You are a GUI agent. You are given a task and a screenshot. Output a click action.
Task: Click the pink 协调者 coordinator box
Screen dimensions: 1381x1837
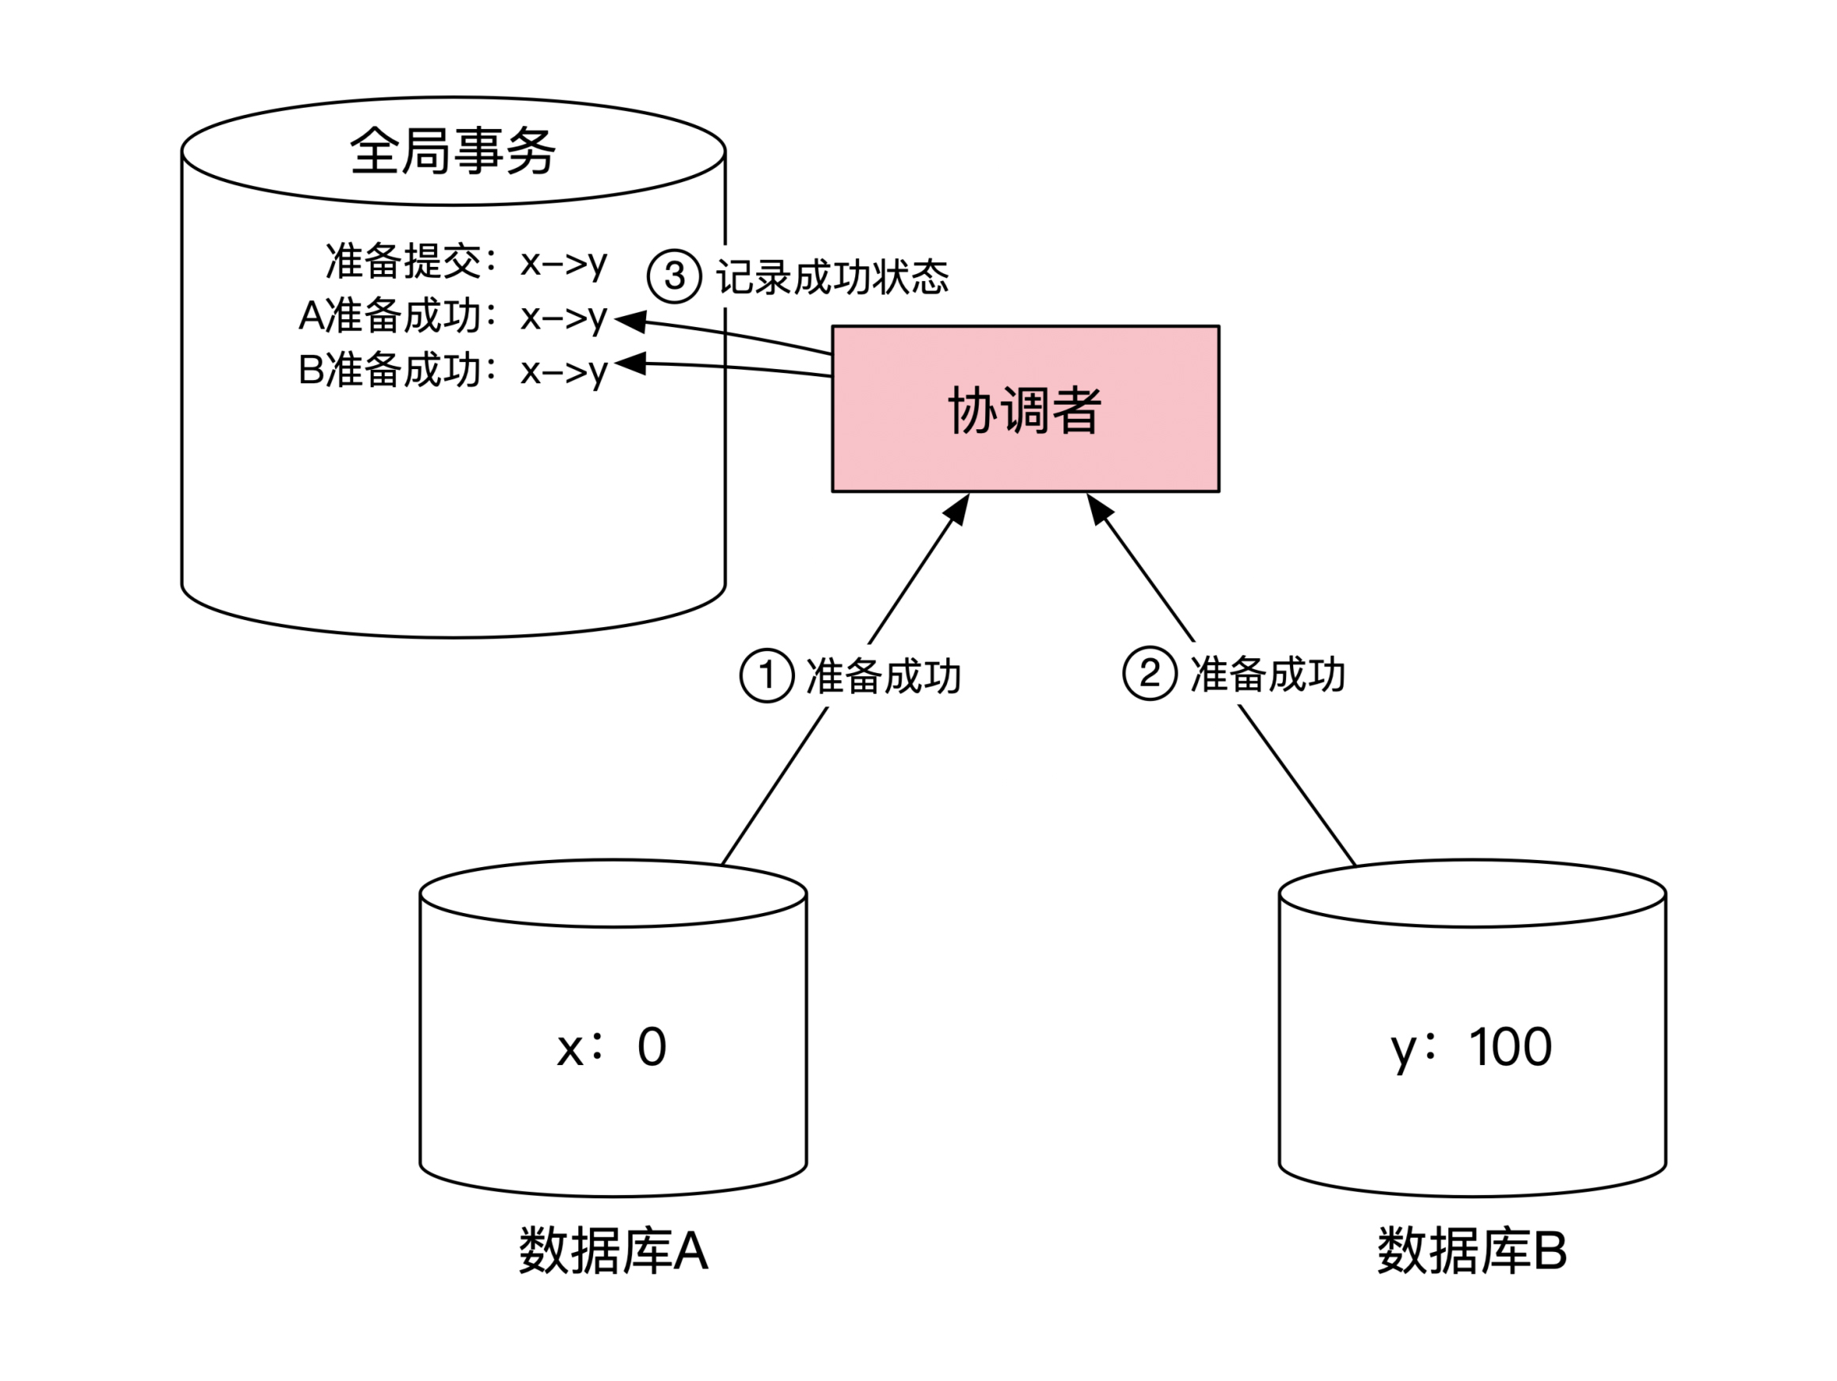point(1025,409)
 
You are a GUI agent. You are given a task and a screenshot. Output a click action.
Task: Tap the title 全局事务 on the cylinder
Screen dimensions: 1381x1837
point(453,151)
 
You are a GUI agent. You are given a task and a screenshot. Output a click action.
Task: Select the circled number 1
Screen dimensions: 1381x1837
point(766,675)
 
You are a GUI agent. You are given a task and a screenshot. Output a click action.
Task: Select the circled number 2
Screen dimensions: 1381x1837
point(1150,674)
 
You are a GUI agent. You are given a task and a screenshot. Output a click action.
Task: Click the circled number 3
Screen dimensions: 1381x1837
point(675,276)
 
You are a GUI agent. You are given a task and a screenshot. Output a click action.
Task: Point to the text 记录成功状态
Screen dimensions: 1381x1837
point(832,277)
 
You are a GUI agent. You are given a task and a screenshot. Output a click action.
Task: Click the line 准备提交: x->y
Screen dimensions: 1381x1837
point(466,261)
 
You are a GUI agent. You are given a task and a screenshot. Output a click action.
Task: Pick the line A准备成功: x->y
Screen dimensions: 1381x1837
point(453,317)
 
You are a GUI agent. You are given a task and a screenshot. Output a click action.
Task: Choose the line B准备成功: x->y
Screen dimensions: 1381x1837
point(453,371)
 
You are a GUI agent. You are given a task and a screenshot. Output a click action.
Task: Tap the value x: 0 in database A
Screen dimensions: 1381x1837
point(612,1046)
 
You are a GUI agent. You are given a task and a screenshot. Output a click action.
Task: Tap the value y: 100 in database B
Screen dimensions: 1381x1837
point(1470,1046)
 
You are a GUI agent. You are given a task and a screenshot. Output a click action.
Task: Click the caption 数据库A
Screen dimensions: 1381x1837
point(613,1250)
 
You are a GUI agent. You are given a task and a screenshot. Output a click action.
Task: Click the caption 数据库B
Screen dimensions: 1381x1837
point(1472,1250)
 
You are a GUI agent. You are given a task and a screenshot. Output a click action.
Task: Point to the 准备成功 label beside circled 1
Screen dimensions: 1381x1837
point(884,676)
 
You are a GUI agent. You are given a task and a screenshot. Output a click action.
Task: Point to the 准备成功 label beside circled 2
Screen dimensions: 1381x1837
point(1268,675)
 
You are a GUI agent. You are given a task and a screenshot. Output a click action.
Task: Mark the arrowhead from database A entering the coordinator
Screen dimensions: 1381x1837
point(959,508)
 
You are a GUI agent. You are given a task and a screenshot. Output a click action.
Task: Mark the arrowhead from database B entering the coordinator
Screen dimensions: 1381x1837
point(1098,508)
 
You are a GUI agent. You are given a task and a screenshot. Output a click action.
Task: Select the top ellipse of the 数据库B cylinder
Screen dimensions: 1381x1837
point(1472,894)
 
